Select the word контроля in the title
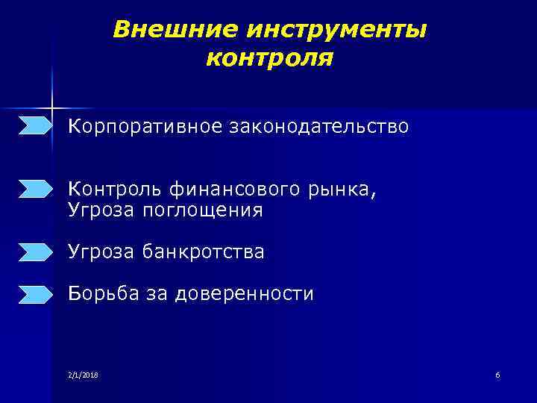[x=269, y=57]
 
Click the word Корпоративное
[x=145, y=127]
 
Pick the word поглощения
[x=210, y=211]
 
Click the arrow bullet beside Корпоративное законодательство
[x=36, y=125]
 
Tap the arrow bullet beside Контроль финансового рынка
[x=36, y=189]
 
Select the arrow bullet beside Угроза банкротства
[x=36, y=252]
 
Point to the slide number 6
[x=497, y=374]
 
